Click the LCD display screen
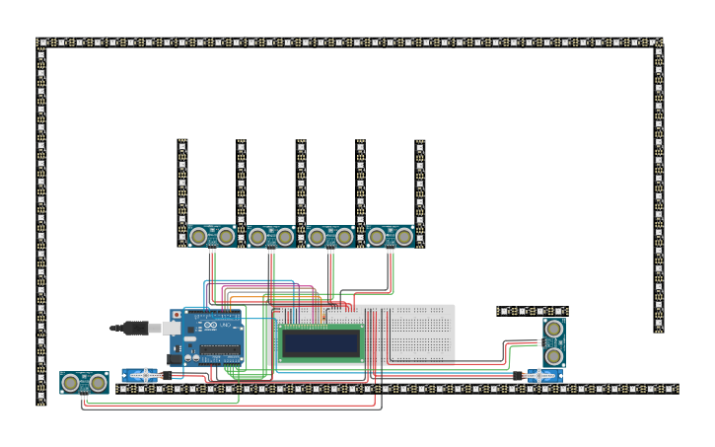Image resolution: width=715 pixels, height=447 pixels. [320, 342]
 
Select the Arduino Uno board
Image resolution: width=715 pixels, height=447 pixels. [209, 337]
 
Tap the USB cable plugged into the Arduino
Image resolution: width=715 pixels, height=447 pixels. [138, 327]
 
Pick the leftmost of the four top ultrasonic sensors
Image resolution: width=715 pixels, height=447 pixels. [212, 237]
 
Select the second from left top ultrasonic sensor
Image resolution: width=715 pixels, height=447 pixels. [271, 237]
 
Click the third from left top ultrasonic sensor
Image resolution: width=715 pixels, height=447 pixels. [330, 237]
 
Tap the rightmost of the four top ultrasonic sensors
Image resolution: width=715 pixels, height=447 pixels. [391, 237]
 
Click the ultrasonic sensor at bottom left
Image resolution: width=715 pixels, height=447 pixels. [84, 383]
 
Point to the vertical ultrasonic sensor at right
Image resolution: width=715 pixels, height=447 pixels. [554, 342]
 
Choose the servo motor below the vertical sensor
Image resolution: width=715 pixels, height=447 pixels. [542, 376]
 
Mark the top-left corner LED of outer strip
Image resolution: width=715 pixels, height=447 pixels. [41, 43]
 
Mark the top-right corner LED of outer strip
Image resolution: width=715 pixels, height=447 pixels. [658, 43]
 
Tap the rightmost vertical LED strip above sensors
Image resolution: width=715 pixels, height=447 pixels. [420, 187]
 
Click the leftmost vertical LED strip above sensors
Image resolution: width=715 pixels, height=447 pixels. [182, 187]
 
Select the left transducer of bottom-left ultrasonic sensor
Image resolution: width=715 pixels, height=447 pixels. [71, 383]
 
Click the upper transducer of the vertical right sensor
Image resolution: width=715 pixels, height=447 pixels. [554, 330]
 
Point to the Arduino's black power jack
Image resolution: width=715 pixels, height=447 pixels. [176, 360]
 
